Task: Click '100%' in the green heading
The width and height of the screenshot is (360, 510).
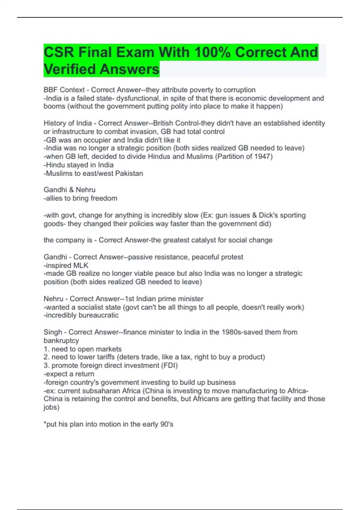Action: pos(212,52)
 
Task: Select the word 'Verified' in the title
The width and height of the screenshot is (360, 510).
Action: pos(69,69)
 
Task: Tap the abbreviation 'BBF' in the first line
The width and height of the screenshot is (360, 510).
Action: pos(51,90)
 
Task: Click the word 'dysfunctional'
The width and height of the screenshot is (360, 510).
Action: pos(138,98)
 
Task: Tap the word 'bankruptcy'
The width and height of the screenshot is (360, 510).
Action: pos(61,340)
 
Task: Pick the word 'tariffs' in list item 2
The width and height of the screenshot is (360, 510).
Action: pos(104,357)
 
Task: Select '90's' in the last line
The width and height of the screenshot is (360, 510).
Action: pos(166,424)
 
